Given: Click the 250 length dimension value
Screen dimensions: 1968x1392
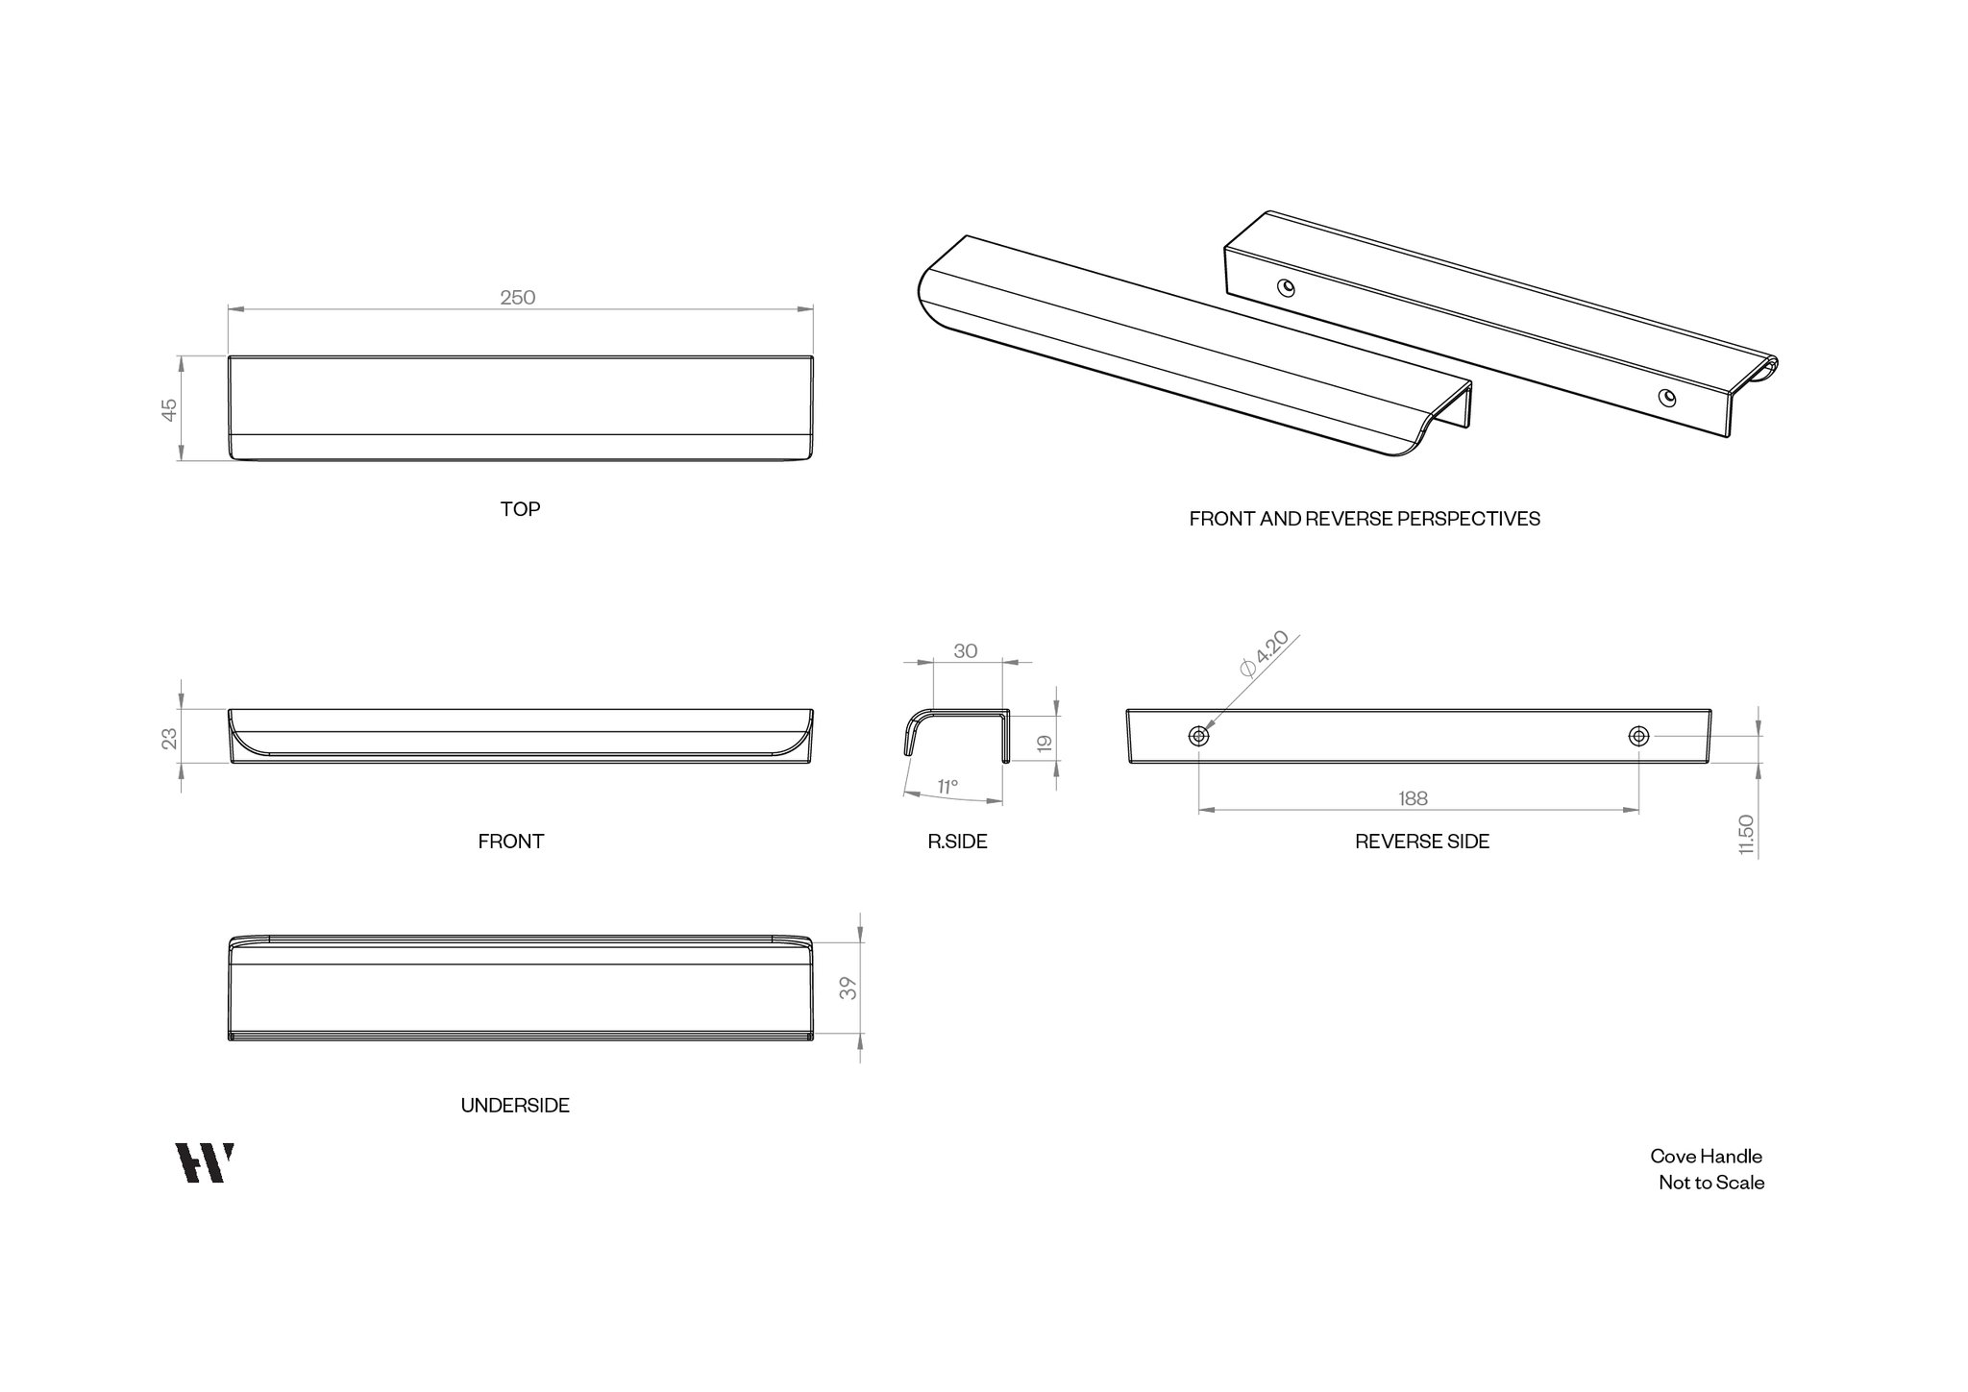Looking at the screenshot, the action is (x=517, y=298).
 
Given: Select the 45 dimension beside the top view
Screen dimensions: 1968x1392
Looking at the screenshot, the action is (x=169, y=410).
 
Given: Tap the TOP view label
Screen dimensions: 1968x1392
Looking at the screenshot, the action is (x=520, y=509).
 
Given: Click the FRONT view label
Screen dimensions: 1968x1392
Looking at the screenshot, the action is (x=511, y=842).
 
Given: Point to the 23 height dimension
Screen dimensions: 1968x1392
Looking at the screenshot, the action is (x=169, y=738).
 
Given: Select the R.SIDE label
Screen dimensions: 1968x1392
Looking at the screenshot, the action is (x=957, y=842).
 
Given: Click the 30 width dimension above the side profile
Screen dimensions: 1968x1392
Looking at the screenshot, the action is (x=966, y=651).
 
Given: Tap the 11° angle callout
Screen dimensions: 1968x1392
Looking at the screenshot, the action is (x=947, y=788).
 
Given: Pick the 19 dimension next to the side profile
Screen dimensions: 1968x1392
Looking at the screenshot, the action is (x=1045, y=744).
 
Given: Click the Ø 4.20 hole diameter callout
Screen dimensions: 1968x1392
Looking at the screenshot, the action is (x=1264, y=655).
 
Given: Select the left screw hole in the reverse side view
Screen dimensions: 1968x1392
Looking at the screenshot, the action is (x=1198, y=736).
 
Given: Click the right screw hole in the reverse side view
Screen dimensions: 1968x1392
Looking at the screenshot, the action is (x=1638, y=736).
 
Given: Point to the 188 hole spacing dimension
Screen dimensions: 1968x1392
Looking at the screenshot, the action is (x=1413, y=798).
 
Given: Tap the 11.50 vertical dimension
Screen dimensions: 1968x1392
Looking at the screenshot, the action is (x=1747, y=835).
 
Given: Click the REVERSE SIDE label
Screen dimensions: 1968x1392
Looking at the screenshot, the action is (x=1422, y=842).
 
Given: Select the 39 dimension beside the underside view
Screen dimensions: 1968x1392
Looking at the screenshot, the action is (x=848, y=989).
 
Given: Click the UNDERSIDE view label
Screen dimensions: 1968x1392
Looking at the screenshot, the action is (x=515, y=1106).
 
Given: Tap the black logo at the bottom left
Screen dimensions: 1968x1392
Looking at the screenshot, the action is (x=205, y=1162).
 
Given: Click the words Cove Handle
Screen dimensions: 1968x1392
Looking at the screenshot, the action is (x=1707, y=1157).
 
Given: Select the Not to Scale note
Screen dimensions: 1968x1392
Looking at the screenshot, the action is (x=1711, y=1183).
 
